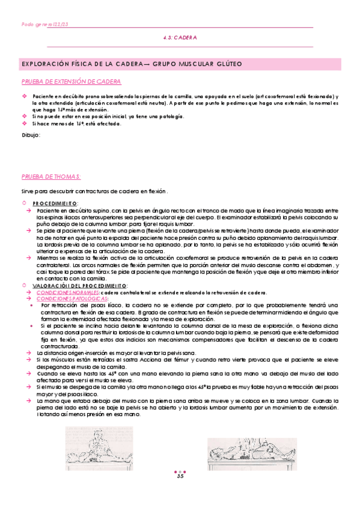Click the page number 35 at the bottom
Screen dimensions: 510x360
point(180,477)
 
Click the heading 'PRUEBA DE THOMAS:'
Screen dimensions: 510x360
point(52,176)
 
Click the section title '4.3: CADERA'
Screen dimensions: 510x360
point(180,37)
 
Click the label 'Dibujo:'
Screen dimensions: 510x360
point(31,135)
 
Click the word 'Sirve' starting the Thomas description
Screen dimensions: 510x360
point(28,191)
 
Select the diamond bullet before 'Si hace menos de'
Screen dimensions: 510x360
point(25,123)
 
